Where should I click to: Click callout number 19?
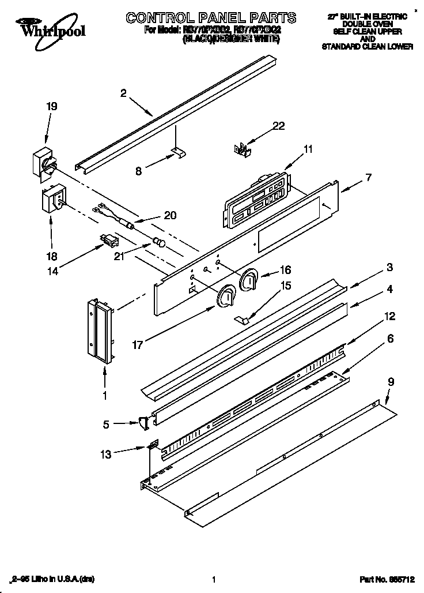[x=52, y=106]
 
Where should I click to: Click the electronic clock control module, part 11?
[x=253, y=197]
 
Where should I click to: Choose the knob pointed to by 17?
[x=226, y=296]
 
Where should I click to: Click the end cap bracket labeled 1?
[x=100, y=332]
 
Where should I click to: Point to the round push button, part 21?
[x=158, y=242]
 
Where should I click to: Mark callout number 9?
[x=391, y=381]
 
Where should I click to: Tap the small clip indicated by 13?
[x=153, y=446]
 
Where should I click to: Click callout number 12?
[x=390, y=316]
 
